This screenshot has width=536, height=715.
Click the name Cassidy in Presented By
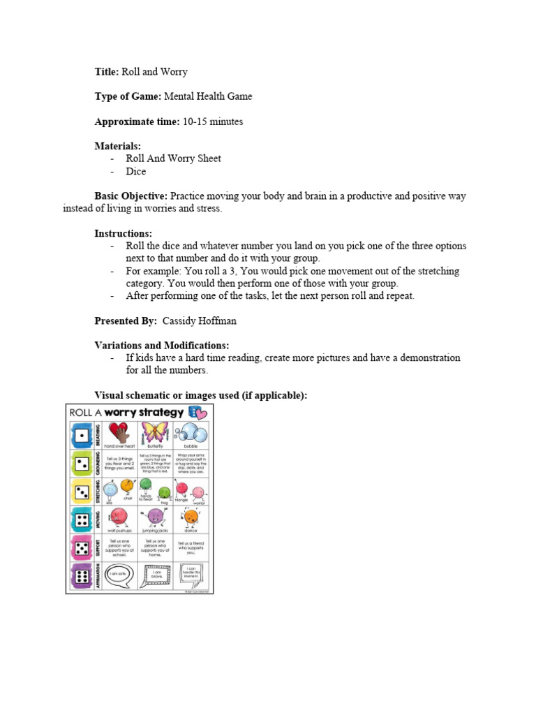tap(180, 320)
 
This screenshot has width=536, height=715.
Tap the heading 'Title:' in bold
tap(107, 71)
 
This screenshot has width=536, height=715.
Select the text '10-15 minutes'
tap(213, 121)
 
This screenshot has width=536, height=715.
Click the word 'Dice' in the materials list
tap(136, 171)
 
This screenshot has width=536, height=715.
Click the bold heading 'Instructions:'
tap(123, 233)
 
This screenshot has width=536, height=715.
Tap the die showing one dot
tap(80, 436)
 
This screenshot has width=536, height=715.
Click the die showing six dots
tap(80, 576)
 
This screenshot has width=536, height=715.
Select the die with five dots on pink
tap(80, 548)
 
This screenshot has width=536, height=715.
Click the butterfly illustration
tap(156, 432)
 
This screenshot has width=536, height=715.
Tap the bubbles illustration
tap(191, 432)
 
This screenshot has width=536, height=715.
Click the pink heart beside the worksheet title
tap(202, 413)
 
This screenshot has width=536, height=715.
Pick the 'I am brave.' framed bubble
tap(155, 574)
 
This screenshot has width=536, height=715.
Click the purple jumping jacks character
tap(155, 517)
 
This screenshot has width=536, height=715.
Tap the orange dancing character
tap(191, 517)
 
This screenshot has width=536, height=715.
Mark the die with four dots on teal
tap(80, 519)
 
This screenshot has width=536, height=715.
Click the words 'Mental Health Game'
tap(208, 96)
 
